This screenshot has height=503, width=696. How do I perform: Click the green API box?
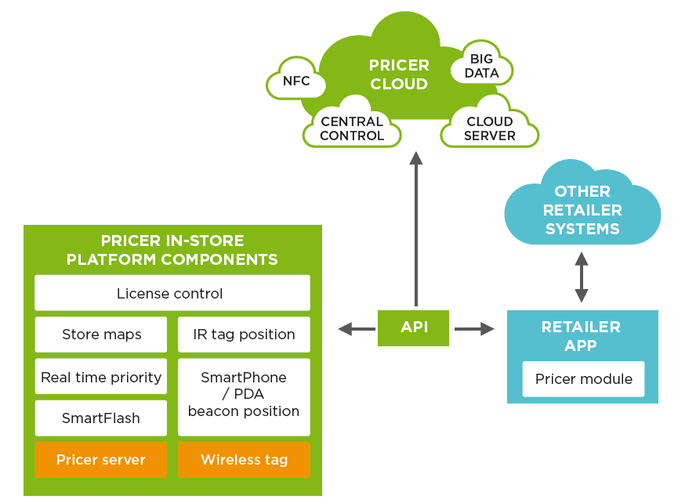click(x=413, y=327)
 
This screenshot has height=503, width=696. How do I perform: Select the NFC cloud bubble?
click(x=295, y=79)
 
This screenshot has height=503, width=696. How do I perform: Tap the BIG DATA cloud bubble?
click(x=482, y=65)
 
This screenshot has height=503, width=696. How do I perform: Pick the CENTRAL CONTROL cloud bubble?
click(x=352, y=126)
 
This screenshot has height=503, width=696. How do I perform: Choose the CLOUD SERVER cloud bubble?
click(x=490, y=126)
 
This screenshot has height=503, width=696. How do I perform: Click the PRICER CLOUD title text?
click(x=399, y=74)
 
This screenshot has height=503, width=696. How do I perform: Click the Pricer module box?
click(x=583, y=378)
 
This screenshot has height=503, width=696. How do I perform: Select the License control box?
click(x=172, y=293)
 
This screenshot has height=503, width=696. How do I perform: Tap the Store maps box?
click(x=101, y=334)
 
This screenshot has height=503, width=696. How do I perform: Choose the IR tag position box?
click(x=244, y=334)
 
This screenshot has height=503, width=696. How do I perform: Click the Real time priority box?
click(x=101, y=377)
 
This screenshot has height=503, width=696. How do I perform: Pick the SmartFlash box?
click(x=101, y=418)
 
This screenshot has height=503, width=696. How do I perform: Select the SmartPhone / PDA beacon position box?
click(x=244, y=397)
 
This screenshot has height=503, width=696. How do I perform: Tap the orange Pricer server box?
click(x=101, y=460)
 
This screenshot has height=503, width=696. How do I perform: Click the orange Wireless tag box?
click(x=244, y=460)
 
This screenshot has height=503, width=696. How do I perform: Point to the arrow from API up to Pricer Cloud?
click(x=416, y=229)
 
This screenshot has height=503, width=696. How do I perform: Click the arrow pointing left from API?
click(x=357, y=329)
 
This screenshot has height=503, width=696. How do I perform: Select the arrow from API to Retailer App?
click(x=474, y=329)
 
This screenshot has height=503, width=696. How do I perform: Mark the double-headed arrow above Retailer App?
click(x=582, y=277)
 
